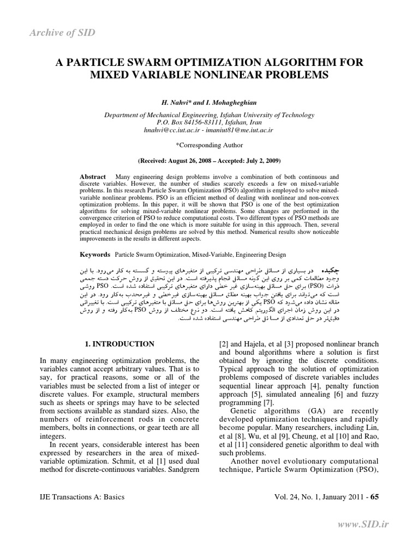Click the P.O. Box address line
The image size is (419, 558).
click(x=209, y=123)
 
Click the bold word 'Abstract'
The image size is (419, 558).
click(x=93, y=178)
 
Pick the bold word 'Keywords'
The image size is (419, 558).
click(x=95, y=254)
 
